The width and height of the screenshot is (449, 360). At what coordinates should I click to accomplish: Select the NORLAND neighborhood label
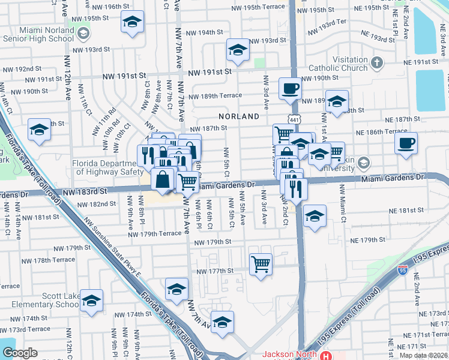click(239, 116)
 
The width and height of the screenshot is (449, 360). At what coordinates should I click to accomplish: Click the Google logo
click(20, 353)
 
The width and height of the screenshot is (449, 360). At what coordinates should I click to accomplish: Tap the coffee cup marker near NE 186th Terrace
click(406, 143)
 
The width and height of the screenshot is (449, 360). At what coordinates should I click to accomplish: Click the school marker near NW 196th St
click(132, 22)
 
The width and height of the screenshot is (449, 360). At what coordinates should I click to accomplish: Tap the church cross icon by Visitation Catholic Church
click(376, 62)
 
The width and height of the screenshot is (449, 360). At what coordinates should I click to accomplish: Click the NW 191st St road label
click(210, 72)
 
